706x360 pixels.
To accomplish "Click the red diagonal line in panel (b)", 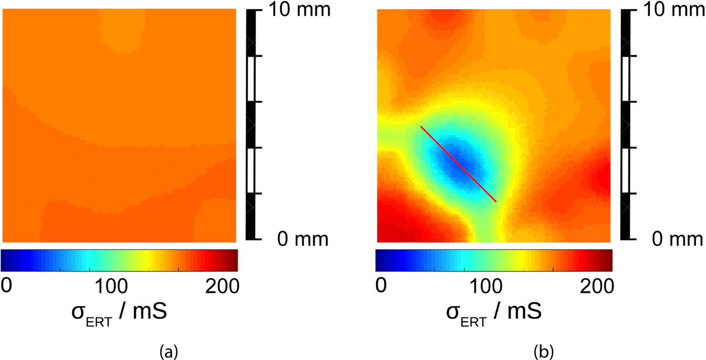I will point(458,164).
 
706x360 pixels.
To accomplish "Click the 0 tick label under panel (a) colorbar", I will point(6,286).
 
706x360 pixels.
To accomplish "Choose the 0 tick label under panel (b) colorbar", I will point(381,286).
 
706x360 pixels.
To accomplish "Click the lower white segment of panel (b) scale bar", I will point(626,171).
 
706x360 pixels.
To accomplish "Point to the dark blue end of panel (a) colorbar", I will point(6,260).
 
